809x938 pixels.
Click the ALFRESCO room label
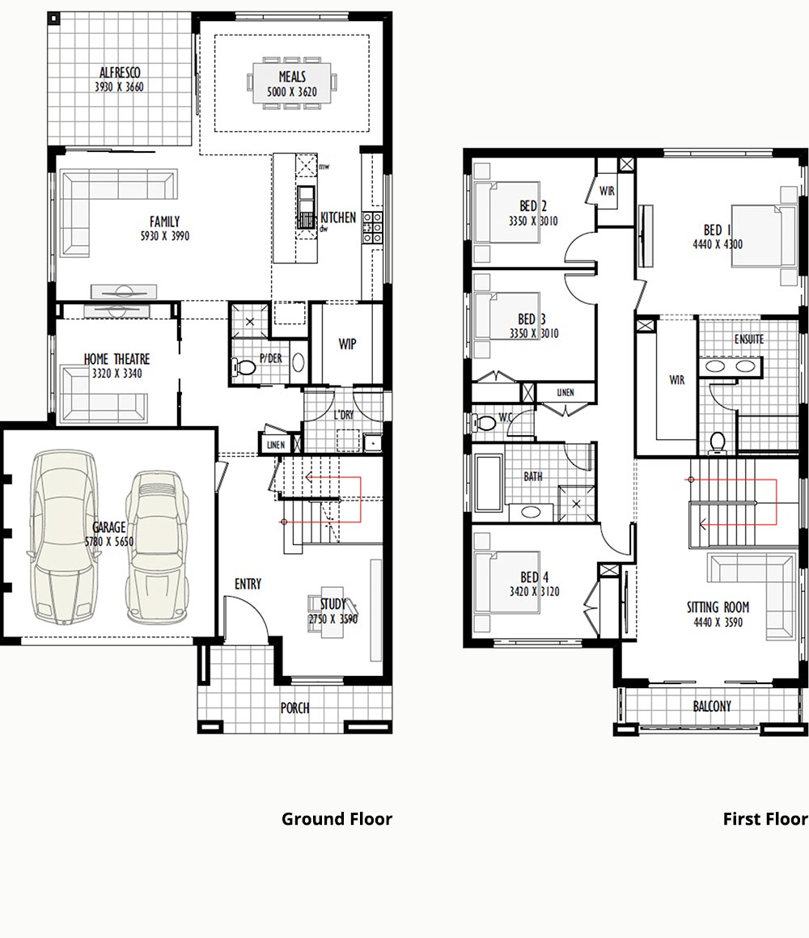120,73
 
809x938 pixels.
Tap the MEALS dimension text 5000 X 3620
292,91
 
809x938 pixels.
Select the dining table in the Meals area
292,83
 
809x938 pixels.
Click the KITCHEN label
338,218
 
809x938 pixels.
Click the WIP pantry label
347,344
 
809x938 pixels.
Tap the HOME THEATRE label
116,359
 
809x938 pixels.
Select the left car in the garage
63,537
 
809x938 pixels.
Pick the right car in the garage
158,546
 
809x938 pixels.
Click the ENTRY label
248,584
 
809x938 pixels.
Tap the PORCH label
295,708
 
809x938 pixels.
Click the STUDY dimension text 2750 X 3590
332,619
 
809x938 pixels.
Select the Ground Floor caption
337,818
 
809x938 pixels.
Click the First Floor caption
765,818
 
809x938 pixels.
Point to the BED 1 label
718,230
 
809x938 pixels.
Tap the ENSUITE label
748,339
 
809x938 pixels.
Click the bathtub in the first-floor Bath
489,484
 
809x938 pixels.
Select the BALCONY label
712,707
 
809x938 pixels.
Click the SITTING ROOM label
718,607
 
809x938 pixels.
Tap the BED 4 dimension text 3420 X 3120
535,592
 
